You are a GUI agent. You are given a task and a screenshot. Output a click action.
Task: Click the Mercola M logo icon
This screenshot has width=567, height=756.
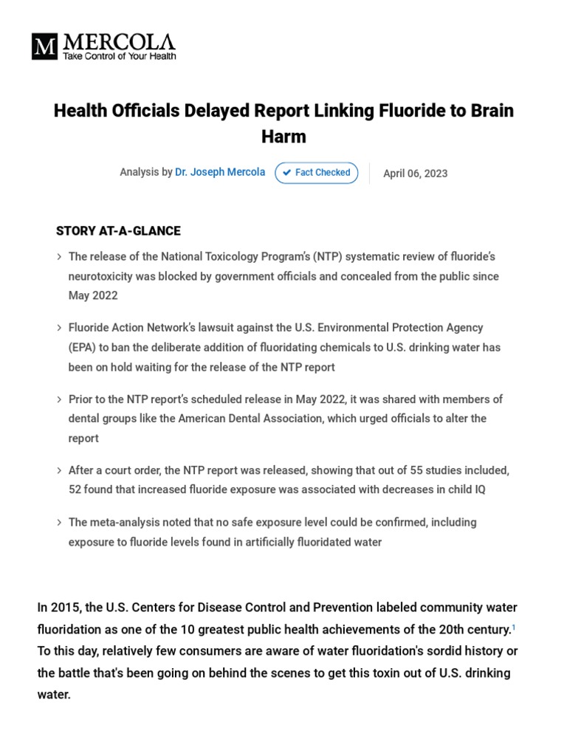tap(44, 47)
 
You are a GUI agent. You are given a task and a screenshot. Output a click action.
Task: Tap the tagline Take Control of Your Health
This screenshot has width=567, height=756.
tap(119, 56)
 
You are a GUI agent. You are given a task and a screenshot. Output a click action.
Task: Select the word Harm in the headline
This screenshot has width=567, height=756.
tap(283, 137)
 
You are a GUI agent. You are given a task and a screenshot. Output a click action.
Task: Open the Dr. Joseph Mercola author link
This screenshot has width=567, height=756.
tap(220, 172)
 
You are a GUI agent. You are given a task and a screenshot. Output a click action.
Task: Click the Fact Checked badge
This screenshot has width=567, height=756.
tap(316, 173)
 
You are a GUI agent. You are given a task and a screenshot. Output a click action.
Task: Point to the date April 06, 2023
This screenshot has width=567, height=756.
tap(415, 173)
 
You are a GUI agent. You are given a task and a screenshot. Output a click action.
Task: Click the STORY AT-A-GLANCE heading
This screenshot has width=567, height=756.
tap(118, 231)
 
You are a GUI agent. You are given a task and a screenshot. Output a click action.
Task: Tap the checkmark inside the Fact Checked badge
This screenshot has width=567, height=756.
tap(287, 173)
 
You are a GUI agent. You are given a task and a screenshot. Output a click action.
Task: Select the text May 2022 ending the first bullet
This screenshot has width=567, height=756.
tap(93, 295)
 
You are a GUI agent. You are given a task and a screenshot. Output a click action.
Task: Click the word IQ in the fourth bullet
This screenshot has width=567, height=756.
tap(478, 489)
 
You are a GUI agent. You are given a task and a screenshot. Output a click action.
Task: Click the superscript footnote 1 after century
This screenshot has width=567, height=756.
tap(514, 626)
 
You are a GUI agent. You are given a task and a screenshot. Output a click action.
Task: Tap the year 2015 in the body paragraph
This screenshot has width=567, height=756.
tap(63, 608)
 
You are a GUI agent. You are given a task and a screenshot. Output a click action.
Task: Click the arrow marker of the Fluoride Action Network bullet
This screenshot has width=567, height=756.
tap(59, 328)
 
